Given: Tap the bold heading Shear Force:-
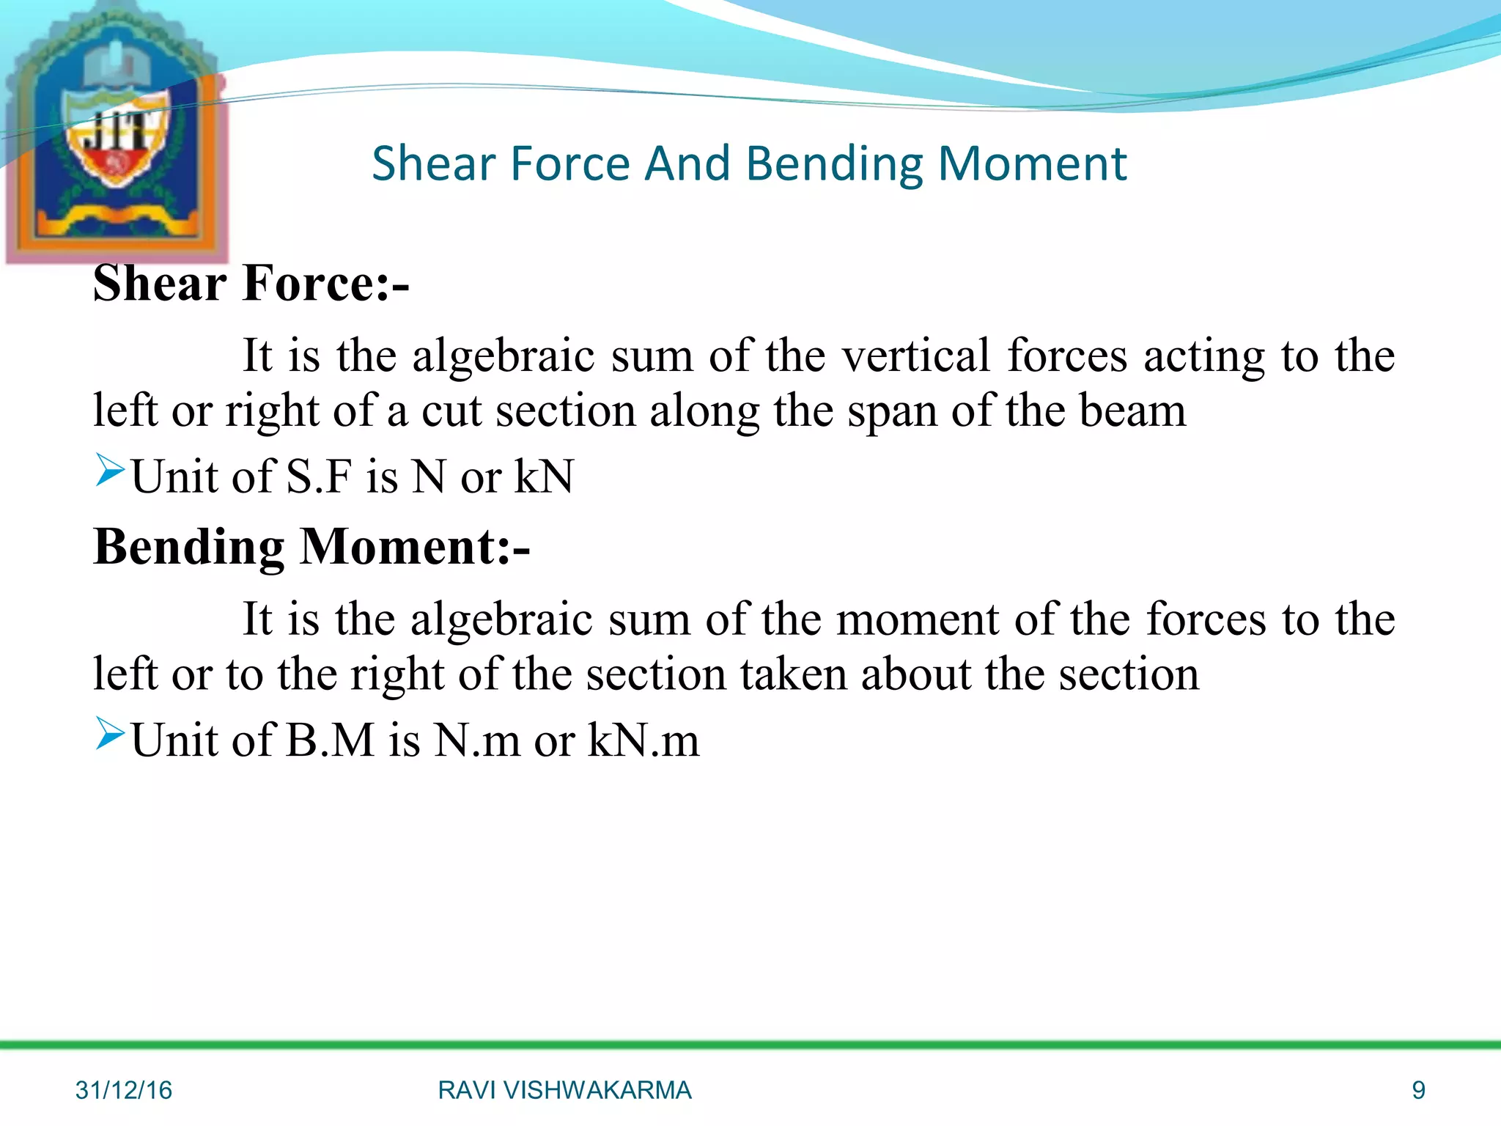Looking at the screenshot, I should (x=251, y=284).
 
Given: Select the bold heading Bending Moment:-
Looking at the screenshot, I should (x=311, y=548).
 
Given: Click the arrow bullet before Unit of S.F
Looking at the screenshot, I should (x=110, y=470).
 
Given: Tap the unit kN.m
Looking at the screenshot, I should (x=643, y=740).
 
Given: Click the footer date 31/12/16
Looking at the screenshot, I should (x=123, y=1090).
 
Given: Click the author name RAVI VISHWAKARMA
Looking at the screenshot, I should (x=564, y=1090).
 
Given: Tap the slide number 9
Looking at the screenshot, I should (x=1418, y=1090).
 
